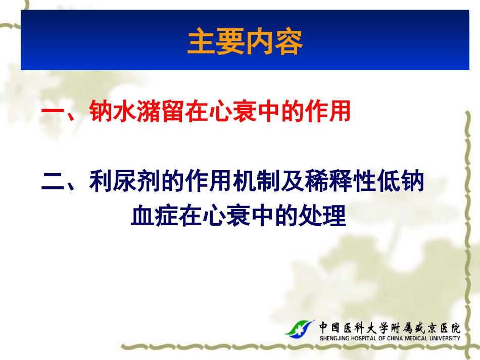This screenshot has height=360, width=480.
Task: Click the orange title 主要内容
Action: click(245, 42)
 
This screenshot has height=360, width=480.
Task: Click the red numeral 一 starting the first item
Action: click(52, 112)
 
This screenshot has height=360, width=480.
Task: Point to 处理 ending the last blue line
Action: click(323, 217)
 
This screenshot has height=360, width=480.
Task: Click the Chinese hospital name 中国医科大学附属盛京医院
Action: click(389, 327)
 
